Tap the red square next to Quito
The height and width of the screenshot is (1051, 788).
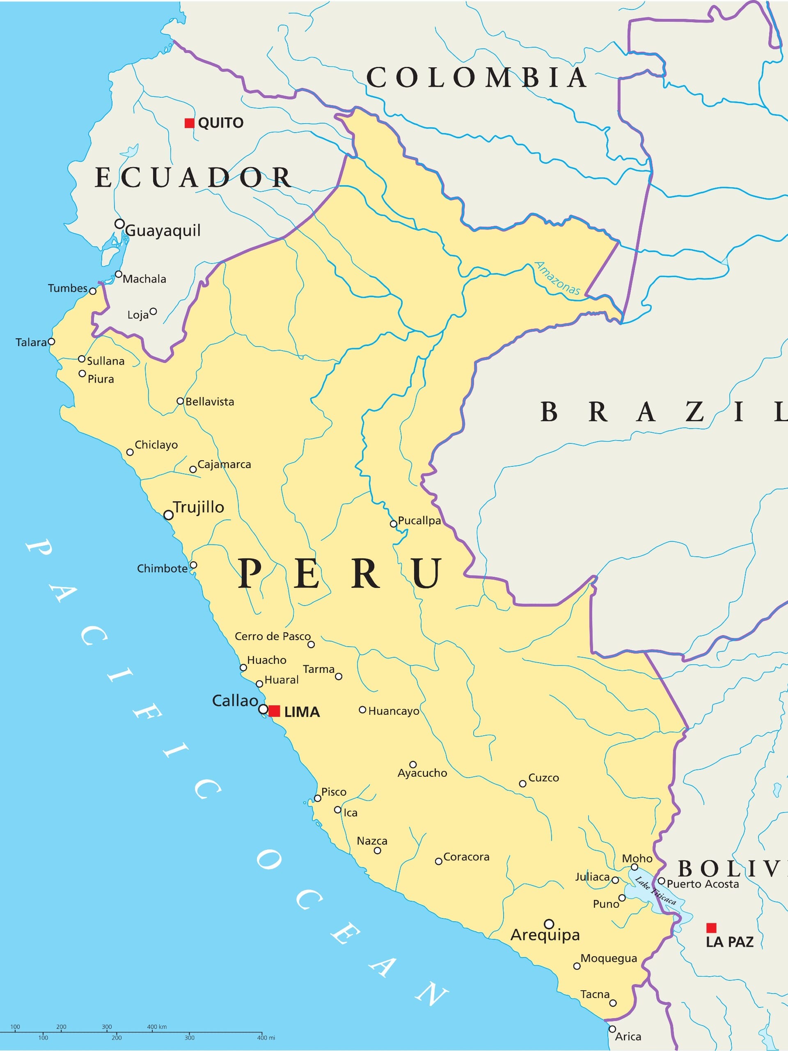pos(190,123)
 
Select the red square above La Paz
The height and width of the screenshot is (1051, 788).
pos(711,927)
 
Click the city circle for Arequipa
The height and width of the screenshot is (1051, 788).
pos(549,924)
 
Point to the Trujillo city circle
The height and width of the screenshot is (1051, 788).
pos(168,515)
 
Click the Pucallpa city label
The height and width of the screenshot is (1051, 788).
pos(419,520)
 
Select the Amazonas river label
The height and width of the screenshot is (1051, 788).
pos(558,278)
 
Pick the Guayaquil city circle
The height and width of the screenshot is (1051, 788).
pos(120,224)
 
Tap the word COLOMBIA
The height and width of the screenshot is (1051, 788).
pos(476,78)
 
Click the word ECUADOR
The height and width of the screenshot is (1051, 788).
pos(193,178)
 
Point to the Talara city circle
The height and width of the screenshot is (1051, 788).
pos(52,342)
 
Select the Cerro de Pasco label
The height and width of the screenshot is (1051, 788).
pos(272,636)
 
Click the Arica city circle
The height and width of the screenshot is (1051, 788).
pos(612,1029)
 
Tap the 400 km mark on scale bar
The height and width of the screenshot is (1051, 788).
pos(157,1027)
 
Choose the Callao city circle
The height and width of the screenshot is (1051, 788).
pos(263,709)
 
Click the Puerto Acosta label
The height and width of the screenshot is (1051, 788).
pos(703,884)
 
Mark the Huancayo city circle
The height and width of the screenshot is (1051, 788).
pos(362,710)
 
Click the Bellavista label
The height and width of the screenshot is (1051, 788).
pos(209,402)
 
